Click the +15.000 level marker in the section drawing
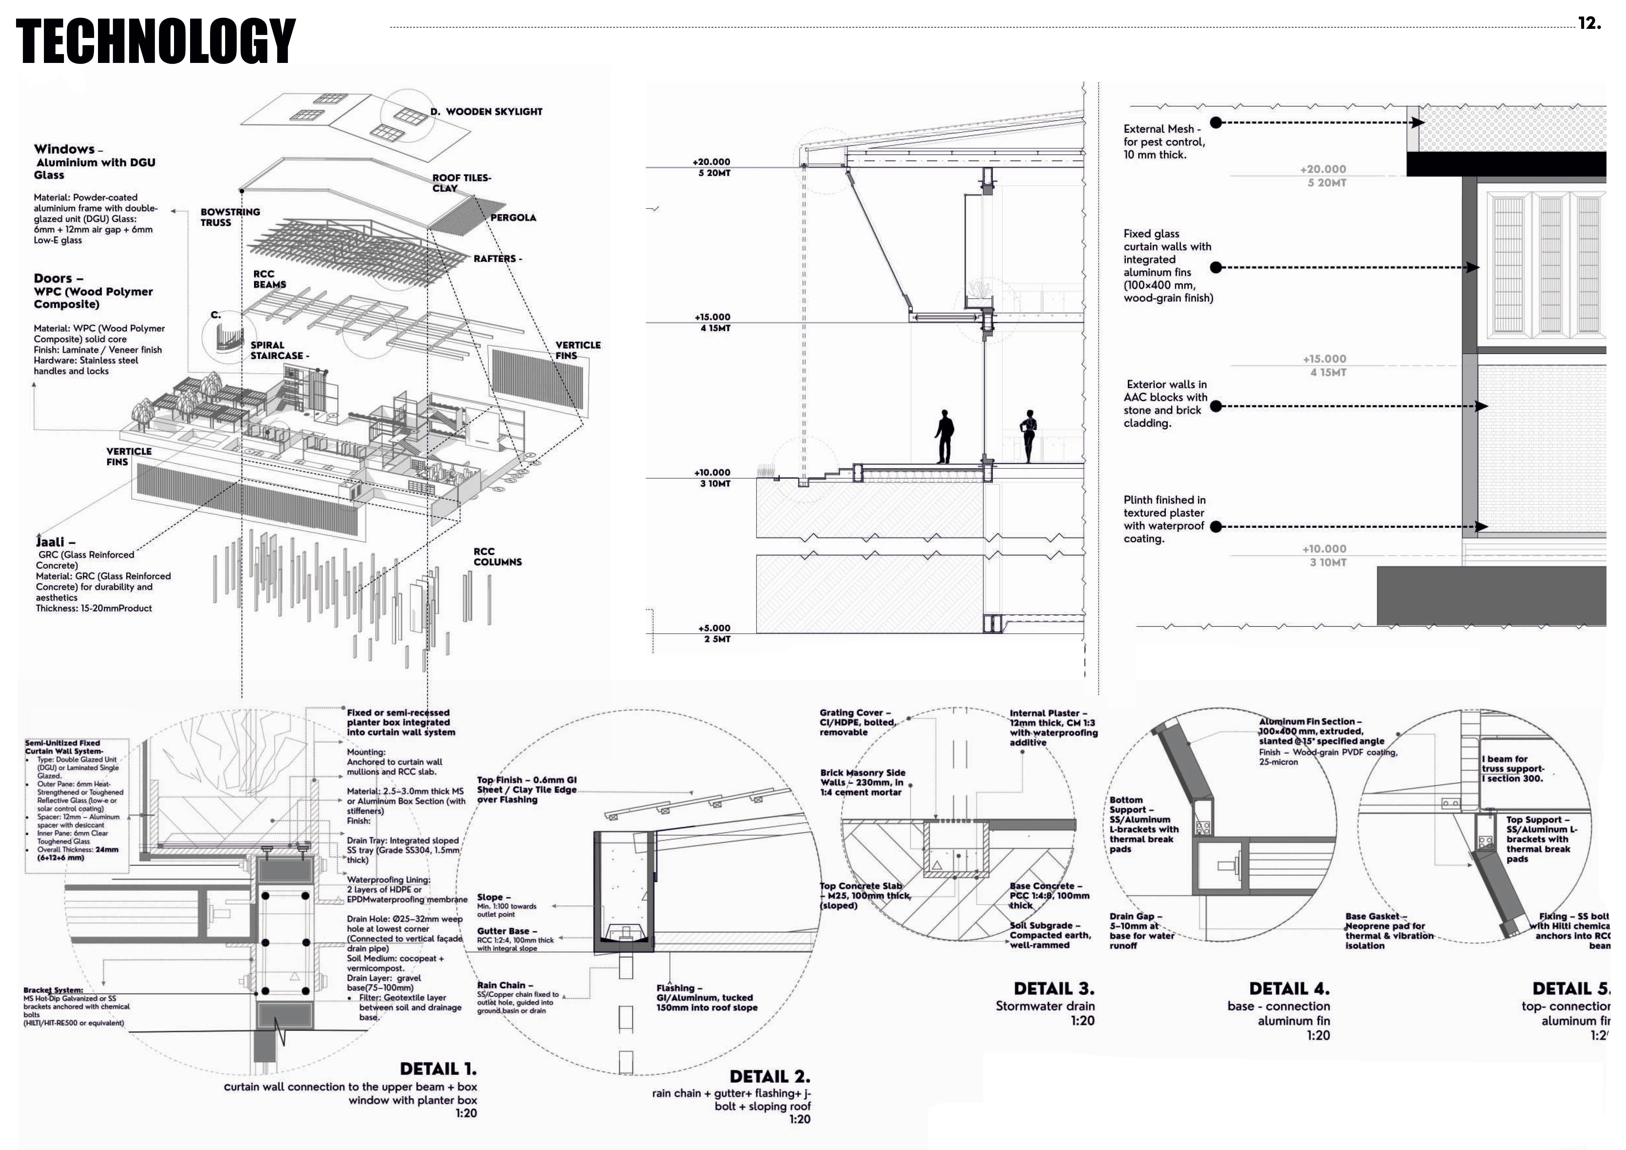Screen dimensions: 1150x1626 [x=712, y=317]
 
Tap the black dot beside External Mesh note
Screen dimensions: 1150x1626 [x=1216, y=123]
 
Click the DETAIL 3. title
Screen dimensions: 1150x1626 [x=1054, y=988]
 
